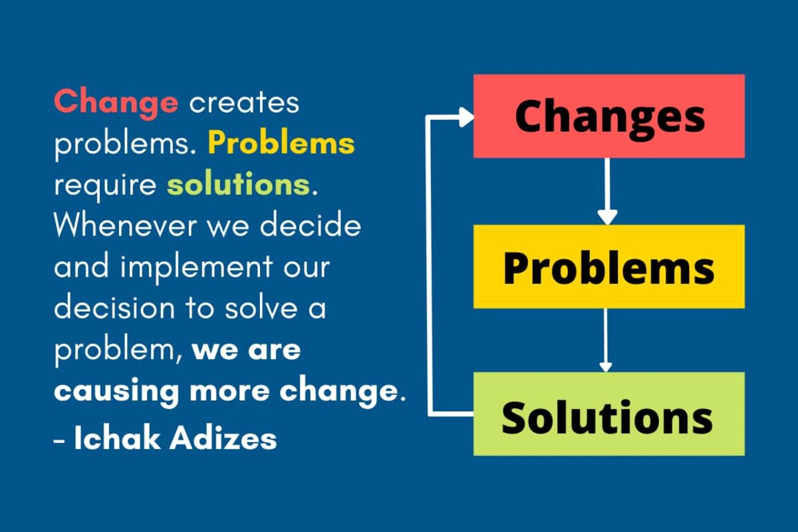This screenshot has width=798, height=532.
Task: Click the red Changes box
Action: [608, 116]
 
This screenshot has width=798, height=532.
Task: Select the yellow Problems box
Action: [608, 267]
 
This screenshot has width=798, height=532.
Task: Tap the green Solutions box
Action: [608, 414]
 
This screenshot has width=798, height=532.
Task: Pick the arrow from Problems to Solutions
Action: [605, 339]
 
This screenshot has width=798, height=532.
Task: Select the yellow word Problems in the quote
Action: [281, 144]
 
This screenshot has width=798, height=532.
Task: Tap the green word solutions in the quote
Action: [238, 185]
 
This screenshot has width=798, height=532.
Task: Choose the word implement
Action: [190, 268]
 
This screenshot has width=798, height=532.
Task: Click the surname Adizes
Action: [225, 438]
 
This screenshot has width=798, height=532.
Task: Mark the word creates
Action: [244, 103]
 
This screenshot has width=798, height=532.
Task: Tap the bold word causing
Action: [117, 392]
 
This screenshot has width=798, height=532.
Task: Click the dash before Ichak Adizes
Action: [60, 440]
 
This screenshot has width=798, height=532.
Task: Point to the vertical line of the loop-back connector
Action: [429, 266]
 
